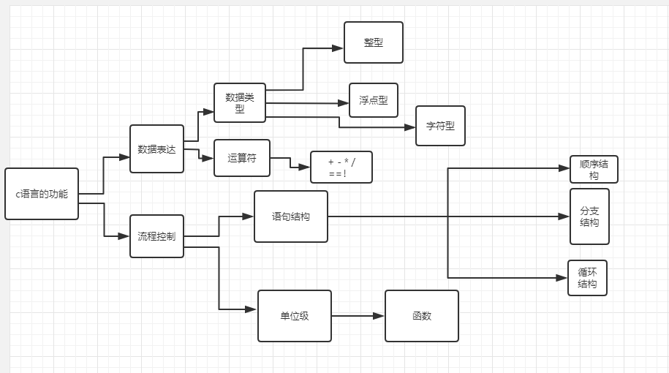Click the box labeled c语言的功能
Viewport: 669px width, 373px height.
42,194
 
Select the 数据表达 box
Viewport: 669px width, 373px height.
156,149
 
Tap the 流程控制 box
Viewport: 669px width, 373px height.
156,236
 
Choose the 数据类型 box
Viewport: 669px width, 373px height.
240,102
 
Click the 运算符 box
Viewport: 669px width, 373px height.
242,158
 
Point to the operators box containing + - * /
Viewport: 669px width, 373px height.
341,167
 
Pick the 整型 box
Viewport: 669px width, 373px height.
374,42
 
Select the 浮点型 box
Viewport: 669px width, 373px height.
374,100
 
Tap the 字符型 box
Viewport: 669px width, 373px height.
440,126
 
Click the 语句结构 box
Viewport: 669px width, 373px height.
291,216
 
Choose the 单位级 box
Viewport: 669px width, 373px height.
295,316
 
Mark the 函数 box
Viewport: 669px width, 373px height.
422,316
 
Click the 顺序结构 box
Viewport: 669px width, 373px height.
594,170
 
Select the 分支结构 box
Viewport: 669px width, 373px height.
589,216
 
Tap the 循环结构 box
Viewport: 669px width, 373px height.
587,278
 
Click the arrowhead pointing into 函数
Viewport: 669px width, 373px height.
379,316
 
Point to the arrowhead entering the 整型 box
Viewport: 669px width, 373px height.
338,48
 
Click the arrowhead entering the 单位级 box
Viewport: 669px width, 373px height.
252,309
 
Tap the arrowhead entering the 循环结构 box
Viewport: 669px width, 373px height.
562,278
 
